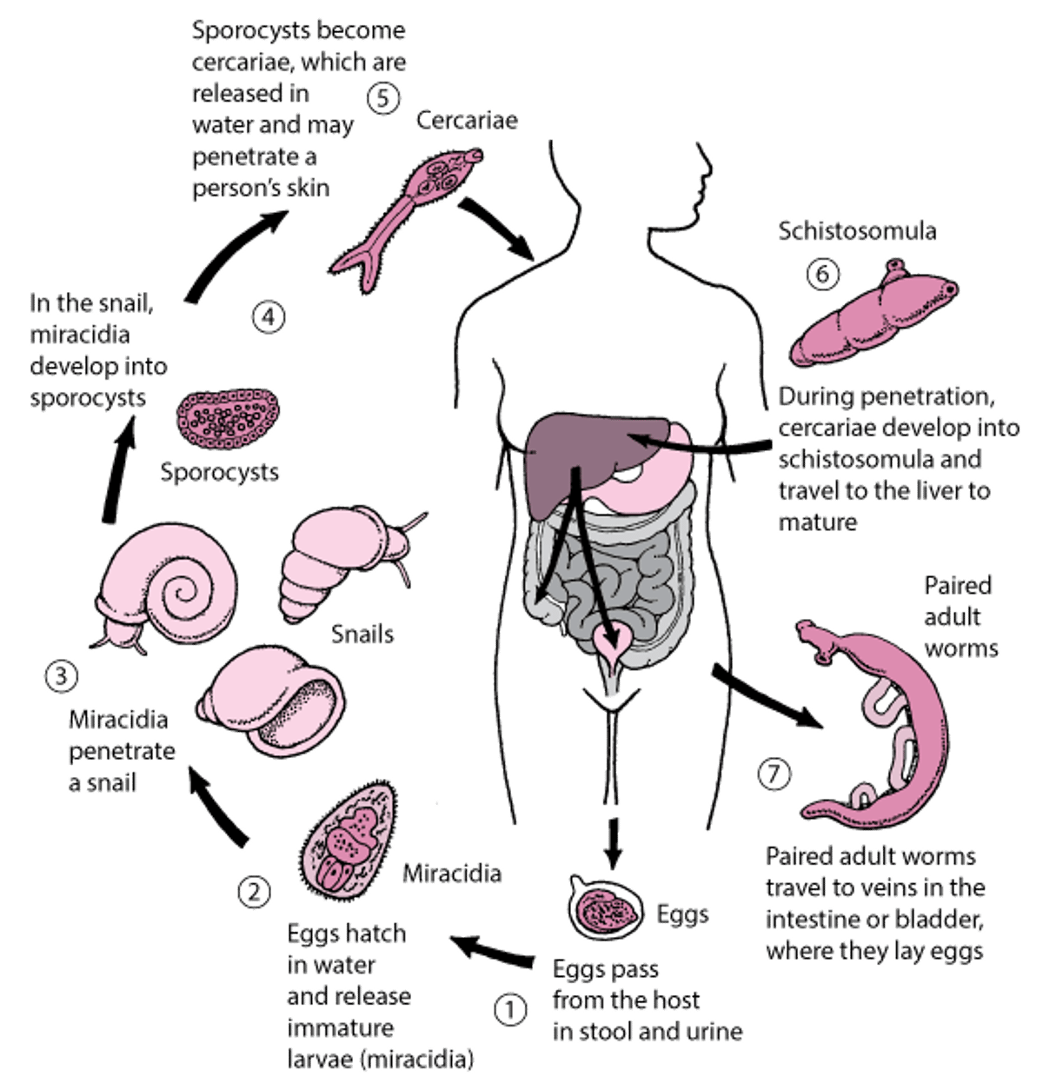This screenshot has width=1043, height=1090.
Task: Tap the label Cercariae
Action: click(x=467, y=121)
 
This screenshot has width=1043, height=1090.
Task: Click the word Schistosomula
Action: click(x=856, y=231)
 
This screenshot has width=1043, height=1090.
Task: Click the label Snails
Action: click(x=362, y=634)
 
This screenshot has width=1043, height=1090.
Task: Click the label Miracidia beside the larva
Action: click(x=452, y=873)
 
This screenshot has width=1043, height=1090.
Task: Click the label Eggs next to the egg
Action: click(x=682, y=914)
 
